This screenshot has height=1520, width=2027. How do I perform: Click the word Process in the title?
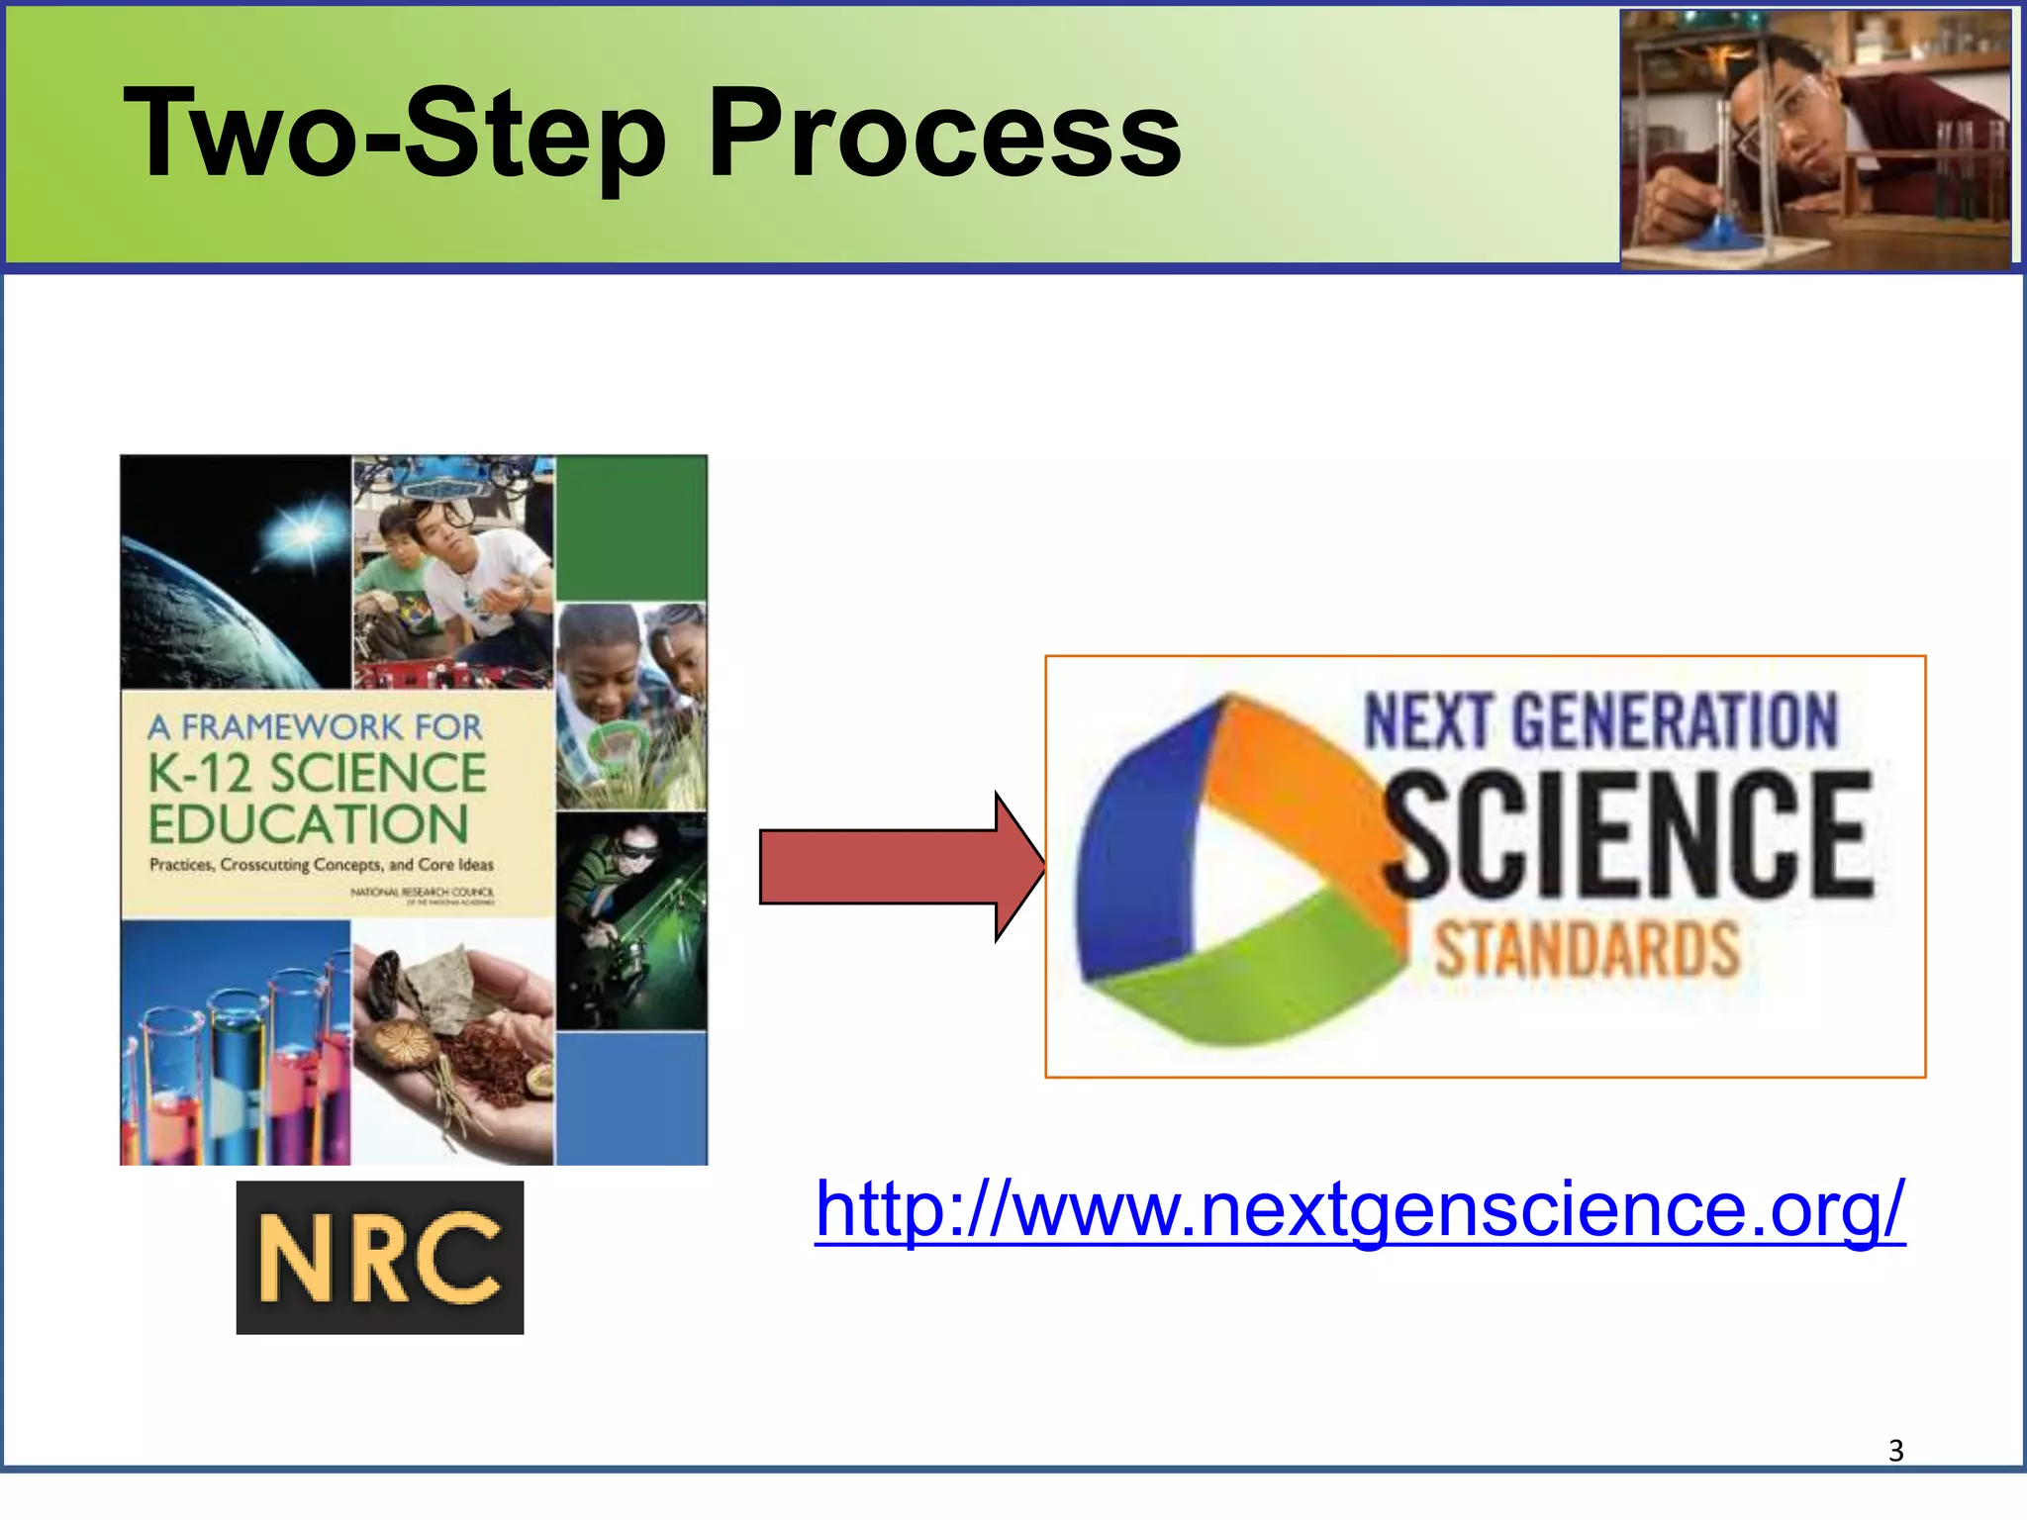pyautogui.click(x=945, y=134)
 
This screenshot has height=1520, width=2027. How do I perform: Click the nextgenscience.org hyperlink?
pyautogui.click(x=1359, y=1209)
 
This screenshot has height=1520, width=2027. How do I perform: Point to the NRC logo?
pyautogui.click(x=380, y=1257)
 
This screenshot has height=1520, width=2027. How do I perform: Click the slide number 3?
pyautogui.click(x=1895, y=1451)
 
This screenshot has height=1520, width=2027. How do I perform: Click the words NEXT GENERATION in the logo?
pyautogui.click(x=1600, y=720)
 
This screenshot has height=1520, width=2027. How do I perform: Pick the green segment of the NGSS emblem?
pyautogui.click(x=1257, y=980)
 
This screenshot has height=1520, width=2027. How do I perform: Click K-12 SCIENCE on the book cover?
pyautogui.click(x=317, y=774)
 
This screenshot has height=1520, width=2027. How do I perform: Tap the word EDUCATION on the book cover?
pyautogui.click(x=309, y=824)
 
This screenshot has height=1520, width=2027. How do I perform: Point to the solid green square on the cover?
pyautogui.click(x=631, y=527)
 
